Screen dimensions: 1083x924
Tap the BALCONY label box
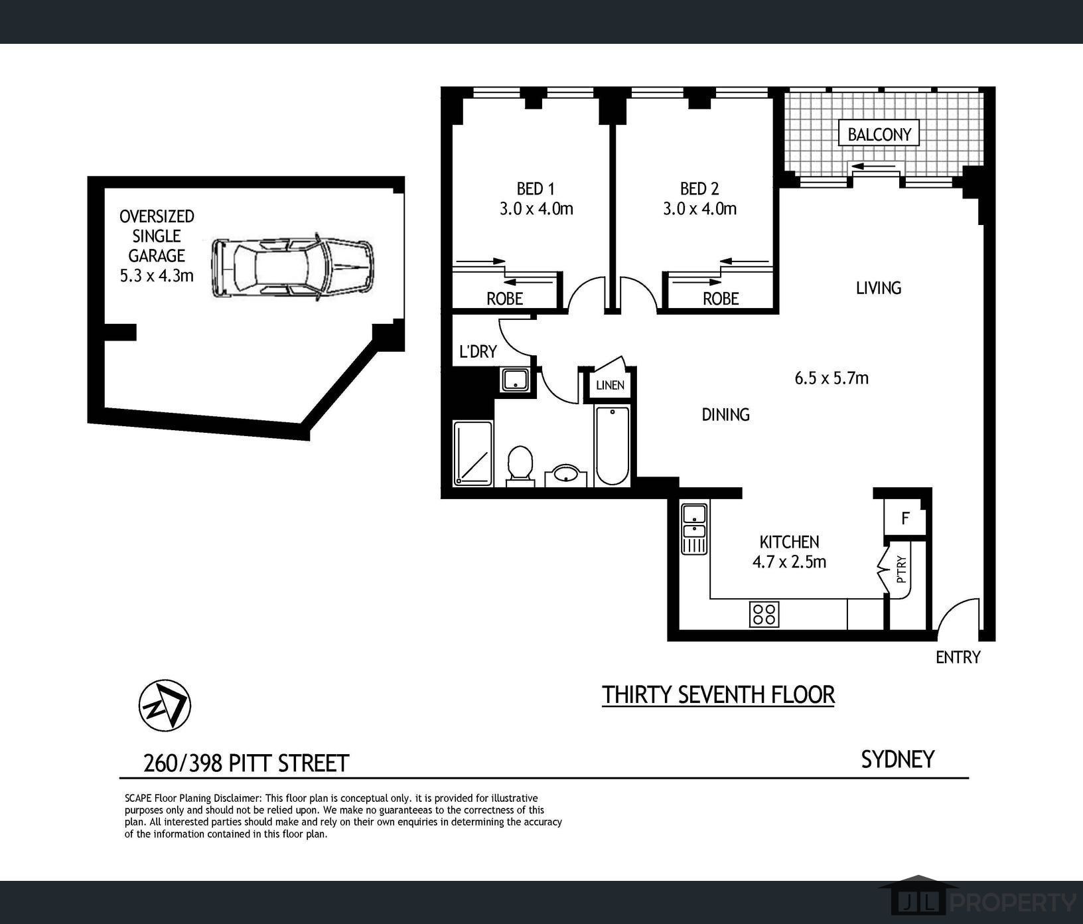click(x=879, y=134)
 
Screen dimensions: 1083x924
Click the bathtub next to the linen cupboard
click(x=612, y=445)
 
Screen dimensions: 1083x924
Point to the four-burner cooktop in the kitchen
click(x=764, y=614)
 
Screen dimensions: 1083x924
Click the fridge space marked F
click(x=904, y=518)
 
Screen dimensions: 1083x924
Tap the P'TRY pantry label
click(x=901, y=568)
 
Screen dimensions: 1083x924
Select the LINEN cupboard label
click(x=610, y=385)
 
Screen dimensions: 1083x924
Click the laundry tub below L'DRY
click(x=516, y=380)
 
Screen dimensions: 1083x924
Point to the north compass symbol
click(x=165, y=706)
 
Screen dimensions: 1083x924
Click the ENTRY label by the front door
click(x=958, y=657)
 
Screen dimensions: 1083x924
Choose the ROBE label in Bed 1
click(x=505, y=299)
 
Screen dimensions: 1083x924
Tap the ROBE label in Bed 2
click(x=721, y=299)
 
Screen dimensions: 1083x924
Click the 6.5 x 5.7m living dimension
click(x=831, y=378)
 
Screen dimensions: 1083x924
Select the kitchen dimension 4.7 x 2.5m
click(x=789, y=562)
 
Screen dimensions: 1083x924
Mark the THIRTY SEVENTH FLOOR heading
click(x=718, y=695)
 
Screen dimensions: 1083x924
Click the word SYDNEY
click(x=898, y=759)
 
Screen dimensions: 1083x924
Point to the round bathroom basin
click(x=567, y=475)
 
